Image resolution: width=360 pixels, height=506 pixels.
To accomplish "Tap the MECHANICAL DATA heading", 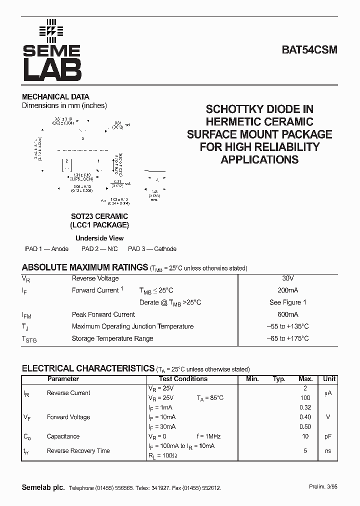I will tap(55, 97).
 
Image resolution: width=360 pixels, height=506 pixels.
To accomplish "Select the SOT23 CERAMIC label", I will tap(99, 216).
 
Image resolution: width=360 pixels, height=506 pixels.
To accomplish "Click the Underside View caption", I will tap(99, 238).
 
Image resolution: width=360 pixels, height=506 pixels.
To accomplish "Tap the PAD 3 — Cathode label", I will tap(152, 249).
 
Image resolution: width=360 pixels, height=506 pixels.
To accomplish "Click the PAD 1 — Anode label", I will tap(47, 249).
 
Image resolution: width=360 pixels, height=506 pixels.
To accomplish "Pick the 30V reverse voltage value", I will tap(287, 278).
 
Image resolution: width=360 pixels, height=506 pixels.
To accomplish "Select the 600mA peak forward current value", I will tap(287, 314).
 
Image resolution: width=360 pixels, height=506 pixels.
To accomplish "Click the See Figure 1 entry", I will tap(287, 302).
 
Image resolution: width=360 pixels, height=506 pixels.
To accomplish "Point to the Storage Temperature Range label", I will tap(112, 338).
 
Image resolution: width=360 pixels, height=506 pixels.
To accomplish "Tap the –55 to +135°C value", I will tap(287, 326).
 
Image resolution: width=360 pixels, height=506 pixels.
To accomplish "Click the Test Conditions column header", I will tap(183, 379).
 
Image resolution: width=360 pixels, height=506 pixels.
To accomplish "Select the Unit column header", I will tap(329, 379).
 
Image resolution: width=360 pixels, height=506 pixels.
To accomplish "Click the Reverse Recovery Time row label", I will tap(78, 451).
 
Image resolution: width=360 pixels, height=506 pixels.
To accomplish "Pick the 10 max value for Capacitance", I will tap(305, 436).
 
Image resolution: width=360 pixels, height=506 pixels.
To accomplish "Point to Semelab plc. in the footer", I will tap(43, 487).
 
